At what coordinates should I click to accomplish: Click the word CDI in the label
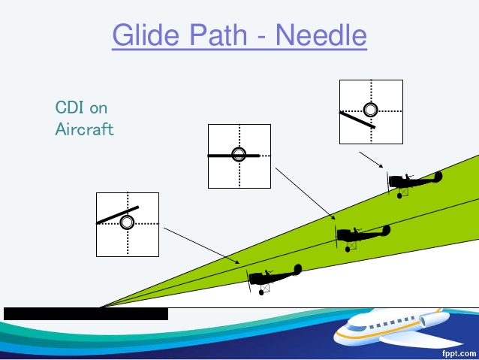pyautogui.click(x=71, y=107)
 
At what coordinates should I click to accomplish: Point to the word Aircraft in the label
pyautogui.click(x=84, y=129)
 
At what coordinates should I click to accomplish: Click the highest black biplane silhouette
pyautogui.click(x=413, y=182)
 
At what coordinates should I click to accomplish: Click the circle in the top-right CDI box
pyautogui.click(x=370, y=110)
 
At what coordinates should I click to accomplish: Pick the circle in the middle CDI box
pyautogui.click(x=239, y=155)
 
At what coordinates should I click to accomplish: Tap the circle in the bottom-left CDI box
pyautogui.click(x=127, y=222)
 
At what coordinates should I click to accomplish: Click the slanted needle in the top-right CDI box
pyautogui.click(x=357, y=120)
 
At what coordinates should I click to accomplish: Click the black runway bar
pyautogui.click(x=86, y=313)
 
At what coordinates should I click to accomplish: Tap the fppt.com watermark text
pyautogui.click(x=458, y=352)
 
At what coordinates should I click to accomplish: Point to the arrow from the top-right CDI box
pyautogui.click(x=372, y=160)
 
